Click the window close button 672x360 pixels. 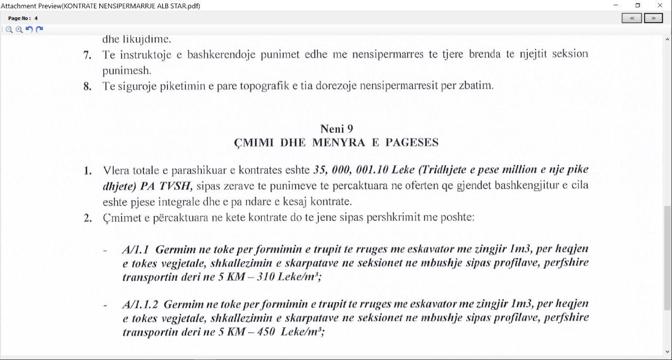[x=660, y=5]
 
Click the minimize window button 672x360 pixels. [x=616, y=5]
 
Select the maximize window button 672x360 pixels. [x=638, y=5]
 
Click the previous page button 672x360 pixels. [x=632, y=18]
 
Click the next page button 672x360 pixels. [x=653, y=18]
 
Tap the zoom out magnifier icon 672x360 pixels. [x=9, y=29]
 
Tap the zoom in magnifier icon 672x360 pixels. [x=19, y=29]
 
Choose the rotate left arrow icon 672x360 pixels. [x=29, y=29]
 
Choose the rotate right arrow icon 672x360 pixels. [x=39, y=29]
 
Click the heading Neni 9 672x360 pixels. [x=337, y=129]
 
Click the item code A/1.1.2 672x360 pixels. [x=140, y=304]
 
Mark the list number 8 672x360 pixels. [x=87, y=86]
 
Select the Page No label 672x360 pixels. [x=19, y=18]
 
